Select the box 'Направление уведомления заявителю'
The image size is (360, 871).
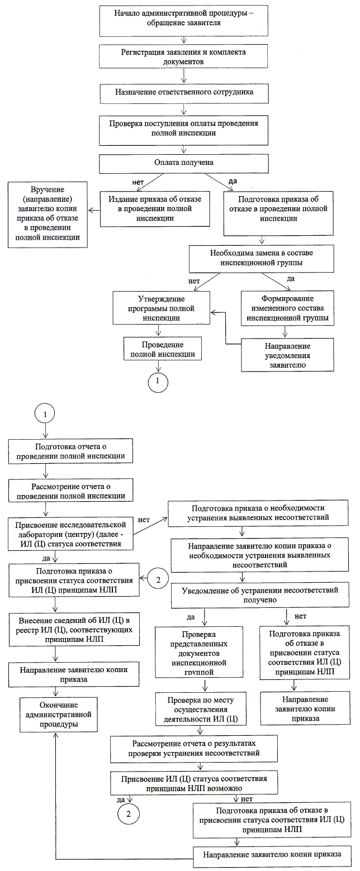286,354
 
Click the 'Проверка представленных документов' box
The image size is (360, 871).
198,653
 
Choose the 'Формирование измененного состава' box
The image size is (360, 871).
286,308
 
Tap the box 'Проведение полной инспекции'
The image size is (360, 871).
162,349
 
